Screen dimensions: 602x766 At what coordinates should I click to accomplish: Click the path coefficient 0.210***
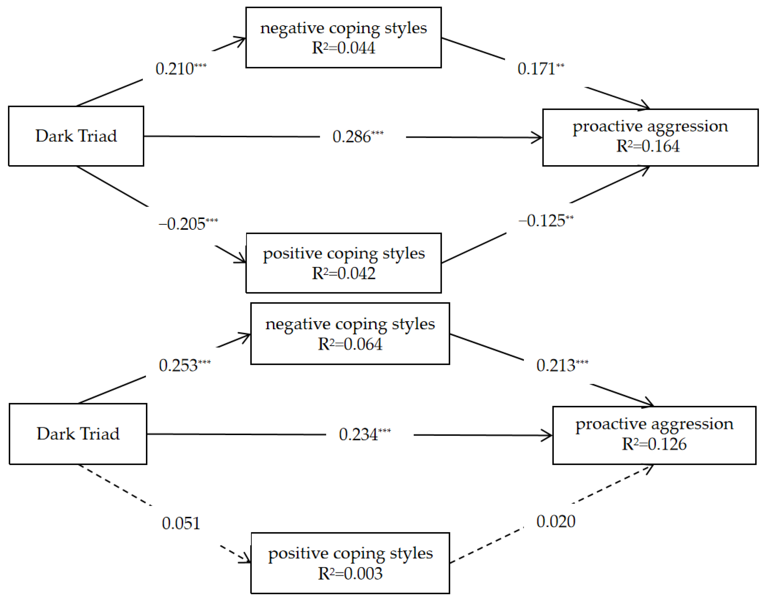[x=180, y=69]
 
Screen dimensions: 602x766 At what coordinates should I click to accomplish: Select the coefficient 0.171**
[x=540, y=69]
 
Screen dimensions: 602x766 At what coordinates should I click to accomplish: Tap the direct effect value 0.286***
[x=357, y=137]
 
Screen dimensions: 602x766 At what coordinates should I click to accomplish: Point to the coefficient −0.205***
[x=188, y=224]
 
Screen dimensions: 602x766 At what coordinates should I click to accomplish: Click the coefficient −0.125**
[x=545, y=221]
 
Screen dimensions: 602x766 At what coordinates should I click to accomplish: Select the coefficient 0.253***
[x=184, y=365]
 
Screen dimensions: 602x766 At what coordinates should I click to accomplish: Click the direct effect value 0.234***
[x=364, y=434]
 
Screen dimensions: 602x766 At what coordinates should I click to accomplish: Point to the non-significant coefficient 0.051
[x=181, y=523]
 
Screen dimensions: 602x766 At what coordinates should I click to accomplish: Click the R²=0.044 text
[x=343, y=48]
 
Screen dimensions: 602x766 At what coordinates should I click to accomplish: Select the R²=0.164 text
[x=647, y=146]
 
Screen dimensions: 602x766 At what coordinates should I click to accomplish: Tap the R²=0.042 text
[x=343, y=274]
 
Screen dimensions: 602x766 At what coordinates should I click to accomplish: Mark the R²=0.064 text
[x=350, y=344]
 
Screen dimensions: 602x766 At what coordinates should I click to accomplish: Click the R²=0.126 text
[x=654, y=444]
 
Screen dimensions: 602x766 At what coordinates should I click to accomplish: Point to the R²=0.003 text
[x=350, y=573]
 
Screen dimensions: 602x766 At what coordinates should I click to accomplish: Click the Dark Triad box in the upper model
[x=76, y=136]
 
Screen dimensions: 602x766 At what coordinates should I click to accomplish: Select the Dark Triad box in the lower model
[x=78, y=434]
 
